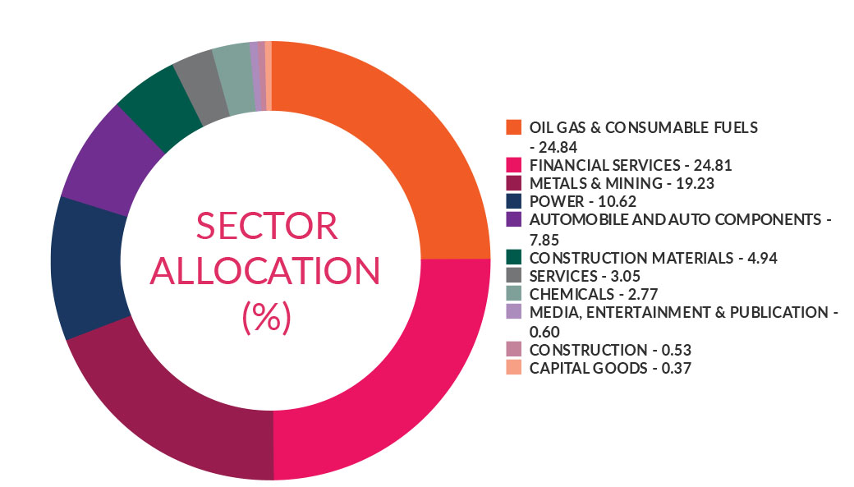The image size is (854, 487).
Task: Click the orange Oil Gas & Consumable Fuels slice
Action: pyautogui.click(x=386, y=140)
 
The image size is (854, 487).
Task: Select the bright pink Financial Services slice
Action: pyautogui.click(x=386, y=361)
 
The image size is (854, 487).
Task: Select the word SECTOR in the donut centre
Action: pyautogui.click(x=268, y=225)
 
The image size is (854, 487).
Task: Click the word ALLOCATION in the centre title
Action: pyautogui.click(x=268, y=271)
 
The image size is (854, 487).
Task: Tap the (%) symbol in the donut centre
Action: pyautogui.click(x=268, y=317)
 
